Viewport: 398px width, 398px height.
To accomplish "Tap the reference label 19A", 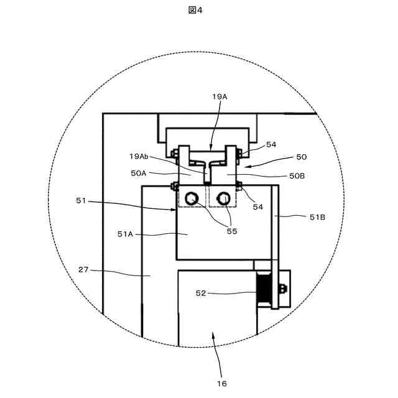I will [x=220, y=96].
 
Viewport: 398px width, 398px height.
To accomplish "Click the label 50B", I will [x=297, y=176].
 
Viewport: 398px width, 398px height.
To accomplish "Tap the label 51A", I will [x=126, y=234].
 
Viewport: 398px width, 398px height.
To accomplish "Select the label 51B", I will [x=317, y=217].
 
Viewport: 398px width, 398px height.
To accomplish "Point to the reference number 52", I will [x=201, y=293].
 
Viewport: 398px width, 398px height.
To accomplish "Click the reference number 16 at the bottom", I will [x=222, y=383].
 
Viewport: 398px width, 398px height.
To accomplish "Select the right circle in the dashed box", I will [x=221, y=199].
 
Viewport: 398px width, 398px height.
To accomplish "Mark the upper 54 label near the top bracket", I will [x=271, y=144].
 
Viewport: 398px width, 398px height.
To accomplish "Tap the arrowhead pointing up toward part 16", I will [x=215, y=335].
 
